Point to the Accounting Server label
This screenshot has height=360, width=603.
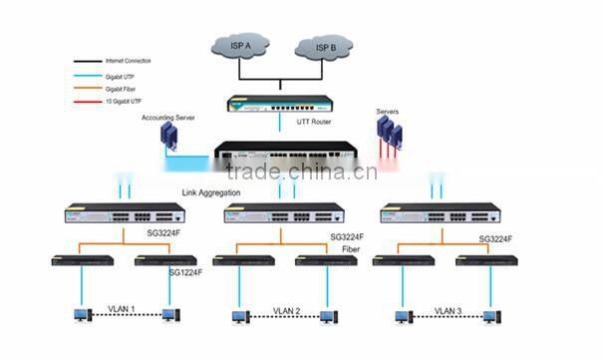click(x=167, y=118)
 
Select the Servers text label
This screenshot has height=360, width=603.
click(x=388, y=111)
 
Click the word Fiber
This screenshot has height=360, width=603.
click(x=351, y=249)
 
